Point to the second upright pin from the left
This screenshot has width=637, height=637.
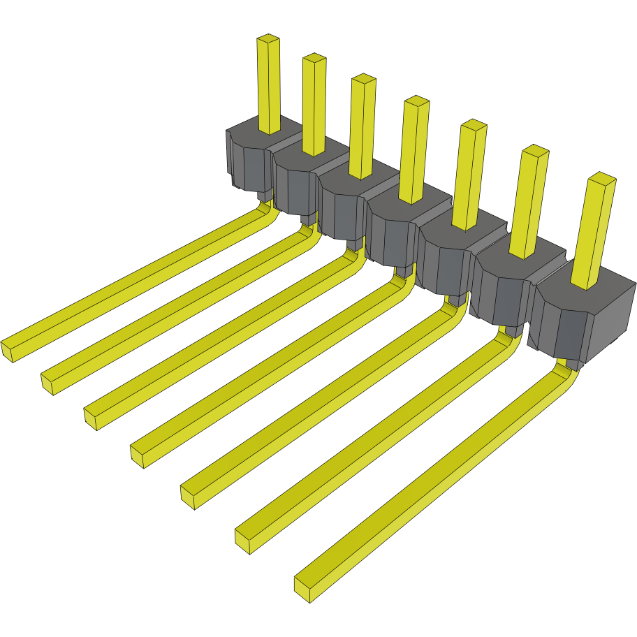(x=314, y=105)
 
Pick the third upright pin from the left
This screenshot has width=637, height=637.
(x=362, y=126)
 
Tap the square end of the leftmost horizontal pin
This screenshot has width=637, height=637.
(x=9, y=349)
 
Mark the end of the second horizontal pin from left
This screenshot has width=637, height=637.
(x=48, y=383)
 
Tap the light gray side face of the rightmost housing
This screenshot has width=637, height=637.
(x=615, y=314)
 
